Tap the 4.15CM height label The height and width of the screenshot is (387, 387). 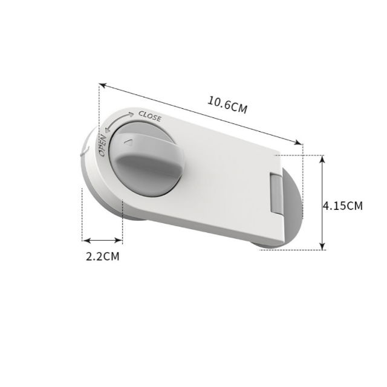click(343, 206)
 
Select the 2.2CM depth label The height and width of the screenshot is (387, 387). click(102, 256)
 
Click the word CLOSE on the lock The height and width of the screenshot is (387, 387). click(150, 115)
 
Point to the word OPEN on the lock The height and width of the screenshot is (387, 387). click(103, 146)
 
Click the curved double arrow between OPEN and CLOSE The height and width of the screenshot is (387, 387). click(117, 120)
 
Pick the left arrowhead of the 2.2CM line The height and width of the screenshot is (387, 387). click(85, 239)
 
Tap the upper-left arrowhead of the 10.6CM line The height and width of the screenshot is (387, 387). click(102, 86)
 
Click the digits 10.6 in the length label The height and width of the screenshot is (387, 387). click(218, 103)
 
